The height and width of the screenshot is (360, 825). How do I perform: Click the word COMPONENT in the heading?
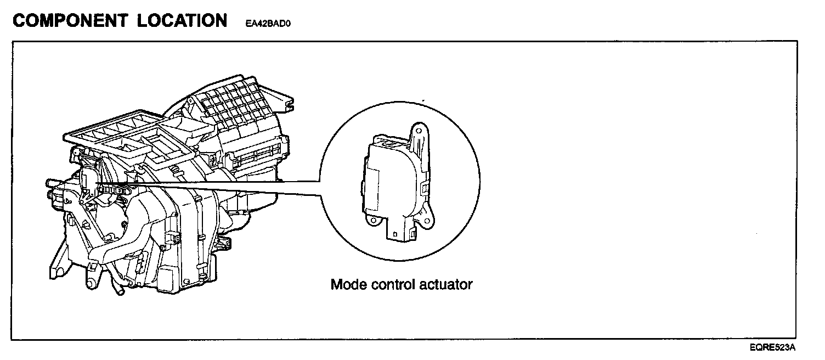click(70, 21)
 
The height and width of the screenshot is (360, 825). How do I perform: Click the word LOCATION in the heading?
click(183, 21)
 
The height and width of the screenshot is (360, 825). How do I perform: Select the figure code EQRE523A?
click(773, 347)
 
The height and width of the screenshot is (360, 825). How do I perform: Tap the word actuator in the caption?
click(448, 285)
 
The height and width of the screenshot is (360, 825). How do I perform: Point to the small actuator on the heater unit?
click(89, 179)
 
